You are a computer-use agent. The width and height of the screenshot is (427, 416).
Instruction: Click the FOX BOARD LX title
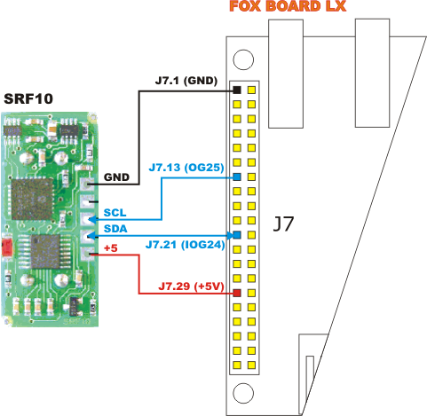(288, 6)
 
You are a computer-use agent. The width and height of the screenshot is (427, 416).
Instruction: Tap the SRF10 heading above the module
(28, 98)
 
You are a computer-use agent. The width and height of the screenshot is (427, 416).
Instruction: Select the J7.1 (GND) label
(186, 81)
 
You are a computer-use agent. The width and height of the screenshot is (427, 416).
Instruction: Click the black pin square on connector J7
(237, 90)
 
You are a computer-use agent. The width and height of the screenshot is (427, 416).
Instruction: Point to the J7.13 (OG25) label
(186, 168)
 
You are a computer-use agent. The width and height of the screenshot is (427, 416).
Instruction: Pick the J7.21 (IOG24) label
(186, 245)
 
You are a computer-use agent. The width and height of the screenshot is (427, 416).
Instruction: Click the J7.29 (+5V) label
(191, 286)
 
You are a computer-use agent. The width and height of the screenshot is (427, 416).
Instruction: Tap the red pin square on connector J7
(237, 293)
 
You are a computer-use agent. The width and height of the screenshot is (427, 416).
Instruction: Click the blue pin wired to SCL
(237, 177)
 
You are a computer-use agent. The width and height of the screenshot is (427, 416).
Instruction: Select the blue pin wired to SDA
(237, 235)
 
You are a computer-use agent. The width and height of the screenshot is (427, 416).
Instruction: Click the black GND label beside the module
(116, 177)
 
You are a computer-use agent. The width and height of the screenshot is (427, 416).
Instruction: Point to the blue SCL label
(115, 213)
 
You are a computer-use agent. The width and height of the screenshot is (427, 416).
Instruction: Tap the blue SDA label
(115, 229)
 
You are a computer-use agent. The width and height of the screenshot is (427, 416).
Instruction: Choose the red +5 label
(111, 248)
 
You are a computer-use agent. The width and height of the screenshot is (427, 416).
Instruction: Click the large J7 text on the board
(283, 224)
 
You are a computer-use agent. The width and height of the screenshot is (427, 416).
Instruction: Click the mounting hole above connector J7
(243, 59)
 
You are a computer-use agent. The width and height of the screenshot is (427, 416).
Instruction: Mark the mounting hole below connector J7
(243, 393)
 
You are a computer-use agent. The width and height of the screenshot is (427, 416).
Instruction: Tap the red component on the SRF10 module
(7, 247)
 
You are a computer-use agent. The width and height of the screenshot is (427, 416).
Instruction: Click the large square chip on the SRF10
(32, 199)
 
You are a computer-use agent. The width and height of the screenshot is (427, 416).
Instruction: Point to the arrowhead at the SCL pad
(91, 220)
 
